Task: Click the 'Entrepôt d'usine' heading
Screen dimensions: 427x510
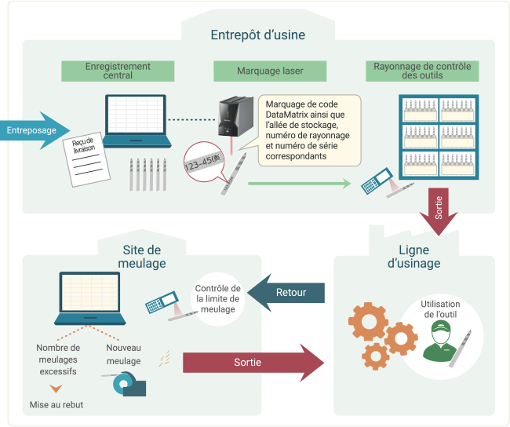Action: point(257,35)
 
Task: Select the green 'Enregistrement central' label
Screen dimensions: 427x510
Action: point(118,71)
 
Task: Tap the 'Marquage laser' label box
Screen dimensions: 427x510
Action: point(270,71)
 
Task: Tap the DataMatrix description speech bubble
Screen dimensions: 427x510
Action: point(309,130)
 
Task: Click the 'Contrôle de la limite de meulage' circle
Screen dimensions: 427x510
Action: point(217,298)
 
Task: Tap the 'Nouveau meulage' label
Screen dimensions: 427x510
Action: point(123,355)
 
